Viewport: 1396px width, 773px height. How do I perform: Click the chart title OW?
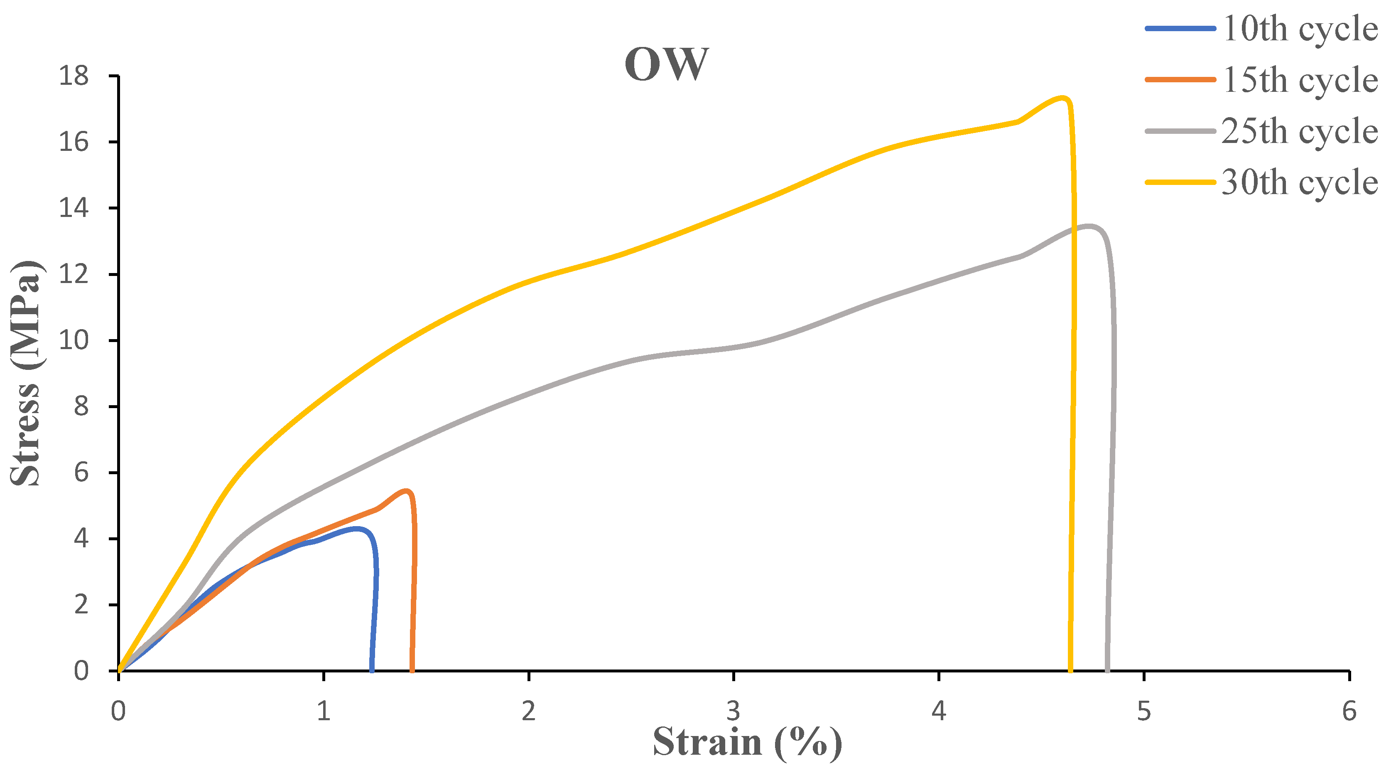(x=666, y=64)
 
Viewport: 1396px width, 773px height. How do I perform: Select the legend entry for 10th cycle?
(x=1300, y=28)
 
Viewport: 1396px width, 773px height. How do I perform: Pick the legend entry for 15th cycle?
(x=1300, y=80)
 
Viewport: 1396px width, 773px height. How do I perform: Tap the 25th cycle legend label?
(x=1300, y=131)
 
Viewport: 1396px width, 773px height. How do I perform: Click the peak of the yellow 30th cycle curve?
(x=1063, y=98)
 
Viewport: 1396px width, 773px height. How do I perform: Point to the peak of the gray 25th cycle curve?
(x=1088, y=226)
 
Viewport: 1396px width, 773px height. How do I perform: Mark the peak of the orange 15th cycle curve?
(x=407, y=490)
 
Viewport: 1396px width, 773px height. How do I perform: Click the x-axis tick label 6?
(x=1349, y=711)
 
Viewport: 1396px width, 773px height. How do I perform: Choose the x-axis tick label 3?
(x=733, y=711)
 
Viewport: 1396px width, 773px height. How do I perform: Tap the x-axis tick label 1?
(x=324, y=711)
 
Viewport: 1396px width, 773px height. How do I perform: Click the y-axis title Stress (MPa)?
(x=25, y=373)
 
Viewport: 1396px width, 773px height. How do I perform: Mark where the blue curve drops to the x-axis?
(x=372, y=670)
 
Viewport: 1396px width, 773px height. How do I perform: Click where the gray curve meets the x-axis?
(x=1107, y=670)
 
